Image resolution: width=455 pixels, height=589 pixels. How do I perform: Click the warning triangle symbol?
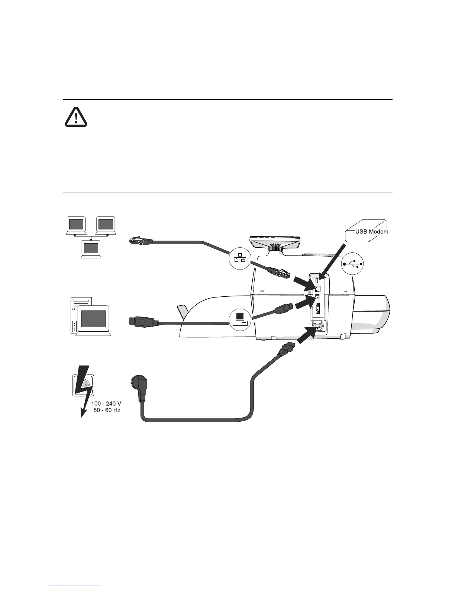tap(76, 117)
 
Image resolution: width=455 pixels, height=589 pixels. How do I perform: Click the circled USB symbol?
tap(352, 264)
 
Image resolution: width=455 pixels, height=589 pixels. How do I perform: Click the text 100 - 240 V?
tap(106, 404)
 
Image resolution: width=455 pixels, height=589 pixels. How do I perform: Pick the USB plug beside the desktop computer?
tap(143, 321)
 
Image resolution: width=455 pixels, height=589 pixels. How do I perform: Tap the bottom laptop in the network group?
tap(91, 248)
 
